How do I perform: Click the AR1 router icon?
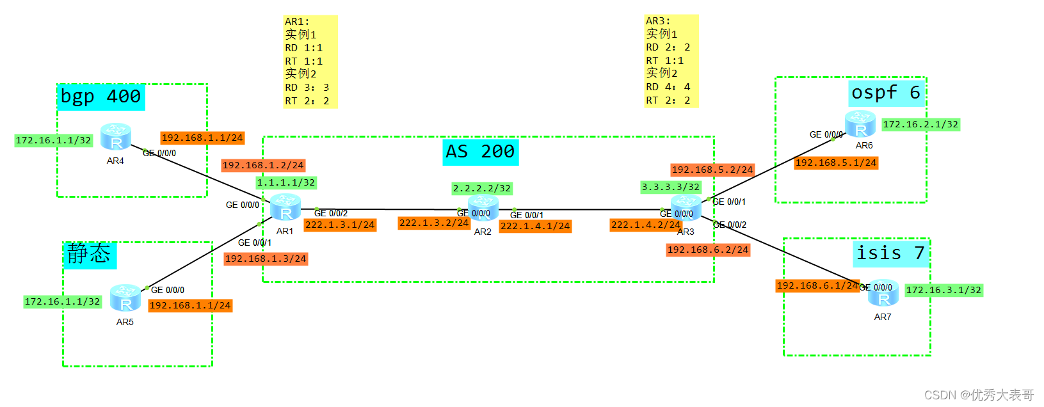click(285, 207)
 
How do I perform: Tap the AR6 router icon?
click(860, 124)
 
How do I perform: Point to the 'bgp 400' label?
click(100, 97)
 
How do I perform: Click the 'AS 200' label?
click(480, 152)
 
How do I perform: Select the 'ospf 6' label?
click(887, 93)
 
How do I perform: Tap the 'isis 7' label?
click(890, 253)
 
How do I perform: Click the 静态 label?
click(89, 255)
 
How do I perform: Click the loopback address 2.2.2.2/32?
click(482, 188)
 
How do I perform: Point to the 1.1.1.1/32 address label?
click(286, 182)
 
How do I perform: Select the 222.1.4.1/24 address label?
click(535, 226)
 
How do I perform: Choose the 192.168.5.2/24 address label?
click(712, 170)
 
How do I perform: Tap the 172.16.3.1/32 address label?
click(944, 290)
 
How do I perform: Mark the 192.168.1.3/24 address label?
click(266, 259)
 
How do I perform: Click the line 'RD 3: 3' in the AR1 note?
click(307, 88)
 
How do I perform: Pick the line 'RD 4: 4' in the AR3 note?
click(668, 87)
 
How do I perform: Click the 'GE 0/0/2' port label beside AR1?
click(331, 213)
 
